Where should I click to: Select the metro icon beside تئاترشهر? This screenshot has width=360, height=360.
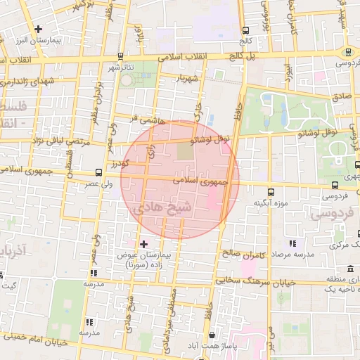click(x=121, y=56)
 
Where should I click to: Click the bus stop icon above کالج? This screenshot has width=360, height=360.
click(x=245, y=31)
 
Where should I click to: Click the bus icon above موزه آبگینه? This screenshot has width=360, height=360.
click(x=271, y=191)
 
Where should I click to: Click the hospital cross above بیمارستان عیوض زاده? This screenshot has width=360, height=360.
click(x=144, y=244)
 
